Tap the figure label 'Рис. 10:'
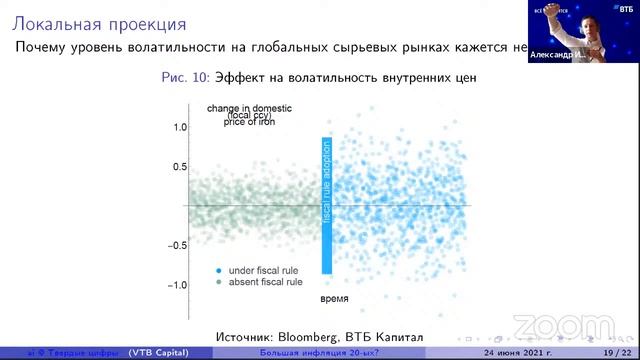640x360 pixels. point(188,77)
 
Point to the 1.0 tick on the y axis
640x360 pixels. point(180,128)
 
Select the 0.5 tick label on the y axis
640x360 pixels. point(180,167)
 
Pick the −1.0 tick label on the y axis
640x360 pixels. point(177,285)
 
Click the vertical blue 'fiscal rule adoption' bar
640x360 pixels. point(326,206)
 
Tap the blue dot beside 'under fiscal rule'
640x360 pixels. point(217,271)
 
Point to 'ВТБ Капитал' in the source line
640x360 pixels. point(383,333)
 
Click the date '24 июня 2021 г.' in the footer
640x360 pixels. point(518,353)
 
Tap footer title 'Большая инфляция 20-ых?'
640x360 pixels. point(303,353)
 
